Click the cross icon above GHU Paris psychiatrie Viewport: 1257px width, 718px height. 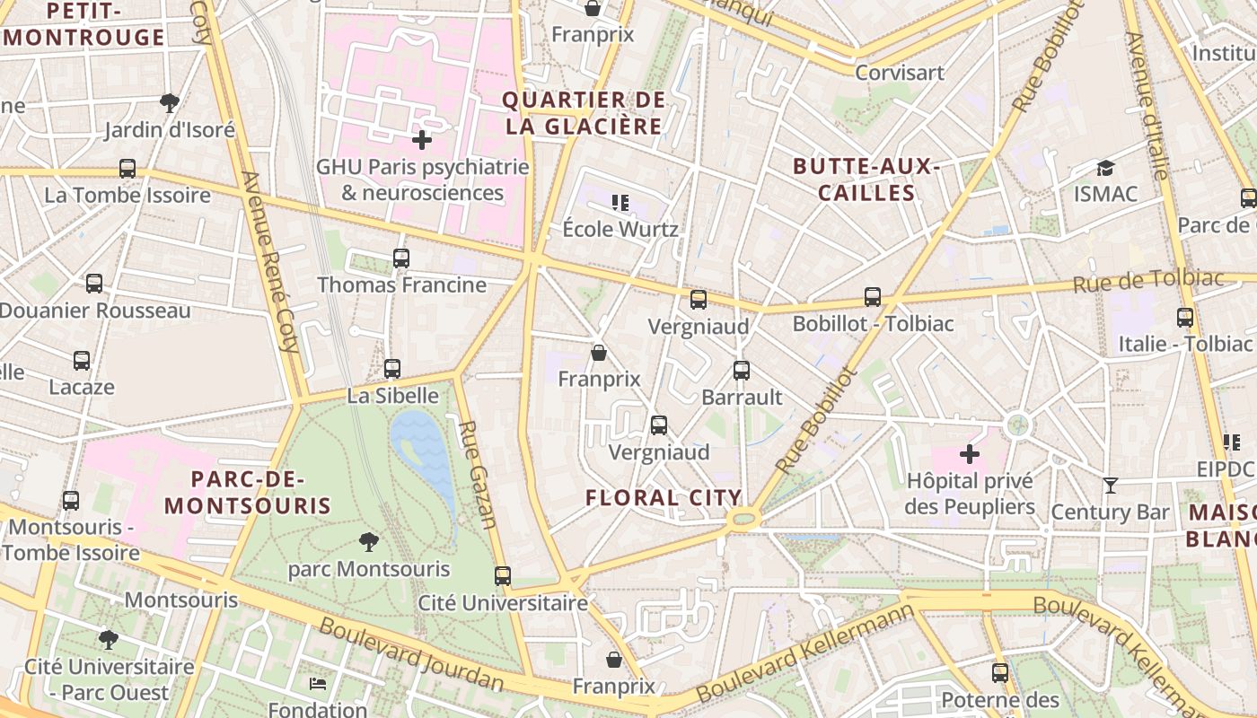(x=422, y=140)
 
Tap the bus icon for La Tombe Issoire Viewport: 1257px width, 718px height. (x=127, y=169)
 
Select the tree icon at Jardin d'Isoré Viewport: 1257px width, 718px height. (x=169, y=102)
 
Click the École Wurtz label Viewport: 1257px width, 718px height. (x=620, y=229)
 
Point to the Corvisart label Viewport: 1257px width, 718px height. (x=900, y=73)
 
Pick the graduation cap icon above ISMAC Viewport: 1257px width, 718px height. (x=1105, y=168)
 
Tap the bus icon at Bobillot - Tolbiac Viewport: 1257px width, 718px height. (x=873, y=296)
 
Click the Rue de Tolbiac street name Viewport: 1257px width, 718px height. (x=1148, y=282)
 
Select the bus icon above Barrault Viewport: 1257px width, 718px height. (x=742, y=370)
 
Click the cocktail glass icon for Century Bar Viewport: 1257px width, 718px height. (x=1111, y=486)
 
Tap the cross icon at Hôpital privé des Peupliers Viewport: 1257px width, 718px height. (x=970, y=454)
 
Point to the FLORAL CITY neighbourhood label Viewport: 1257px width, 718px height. (x=664, y=497)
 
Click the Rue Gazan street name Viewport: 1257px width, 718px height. (x=478, y=474)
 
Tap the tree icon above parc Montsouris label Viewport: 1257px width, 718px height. (x=368, y=541)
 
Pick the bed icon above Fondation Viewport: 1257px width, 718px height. (x=318, y=683)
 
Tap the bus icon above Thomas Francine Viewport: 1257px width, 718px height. (x=401, y=258)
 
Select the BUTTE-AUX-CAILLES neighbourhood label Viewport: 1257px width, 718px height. (x=866, y=179)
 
